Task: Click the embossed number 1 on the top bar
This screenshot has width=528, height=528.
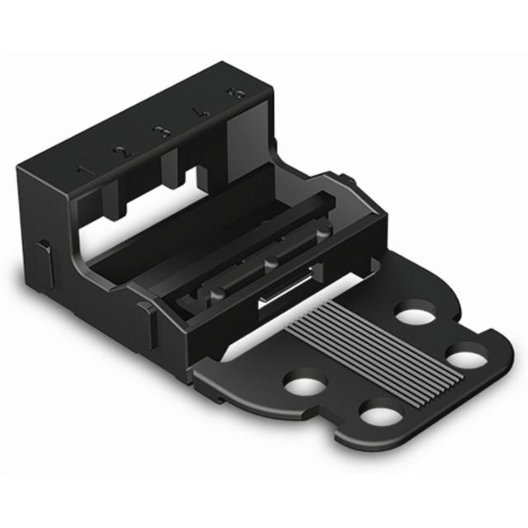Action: tap(82, 170)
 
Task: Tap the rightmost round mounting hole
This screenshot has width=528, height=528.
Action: tap(466, 360)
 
